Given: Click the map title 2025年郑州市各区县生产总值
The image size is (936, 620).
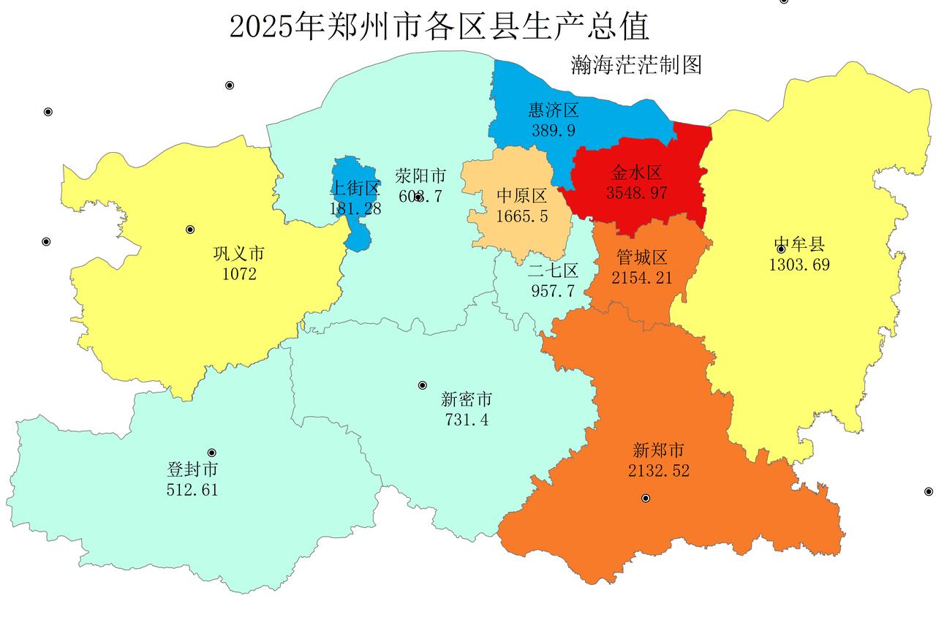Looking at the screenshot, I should point(439,27).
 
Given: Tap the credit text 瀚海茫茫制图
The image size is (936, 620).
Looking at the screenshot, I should point(635,65).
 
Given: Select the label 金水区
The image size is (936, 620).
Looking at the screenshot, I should point(636,173).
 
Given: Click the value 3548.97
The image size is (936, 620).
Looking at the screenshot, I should point(636,193).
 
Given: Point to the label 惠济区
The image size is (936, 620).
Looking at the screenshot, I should point(554,110).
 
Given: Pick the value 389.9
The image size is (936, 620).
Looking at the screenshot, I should point(554,130).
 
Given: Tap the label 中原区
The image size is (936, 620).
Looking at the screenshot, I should point(521,197).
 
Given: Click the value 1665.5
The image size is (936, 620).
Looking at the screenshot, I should point(521,216).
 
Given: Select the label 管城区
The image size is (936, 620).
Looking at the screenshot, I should point(641,258).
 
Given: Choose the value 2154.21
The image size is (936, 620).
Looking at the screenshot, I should point(641,278).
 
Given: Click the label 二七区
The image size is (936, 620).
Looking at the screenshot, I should point(553,271).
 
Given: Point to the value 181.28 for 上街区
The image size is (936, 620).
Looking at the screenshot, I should point(355,208).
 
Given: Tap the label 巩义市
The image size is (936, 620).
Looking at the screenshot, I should point(239,254).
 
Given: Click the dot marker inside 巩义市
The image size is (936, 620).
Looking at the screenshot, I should point(190,230).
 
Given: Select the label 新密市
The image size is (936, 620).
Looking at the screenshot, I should point(467,400).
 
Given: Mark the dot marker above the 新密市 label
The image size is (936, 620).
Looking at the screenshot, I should point(422,385).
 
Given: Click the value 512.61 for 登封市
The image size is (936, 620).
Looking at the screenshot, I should point(192,489).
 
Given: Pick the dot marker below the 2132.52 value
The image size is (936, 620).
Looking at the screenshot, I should point(646,498).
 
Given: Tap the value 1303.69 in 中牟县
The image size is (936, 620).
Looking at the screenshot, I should point(799,265).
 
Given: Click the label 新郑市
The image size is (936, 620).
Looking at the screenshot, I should point(658,450).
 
